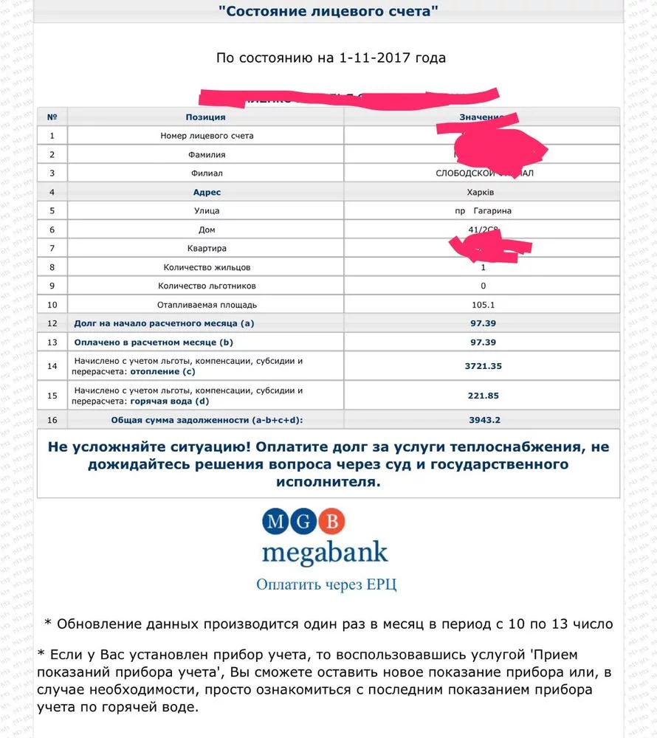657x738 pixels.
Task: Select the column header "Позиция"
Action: coord(205,117)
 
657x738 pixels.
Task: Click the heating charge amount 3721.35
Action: coord(484,366)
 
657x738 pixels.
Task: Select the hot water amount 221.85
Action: coord(484,396)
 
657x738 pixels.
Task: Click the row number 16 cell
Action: coord(52,420)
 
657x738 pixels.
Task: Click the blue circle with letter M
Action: coord(276,522)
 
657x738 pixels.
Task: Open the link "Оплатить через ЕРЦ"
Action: coord(326,584)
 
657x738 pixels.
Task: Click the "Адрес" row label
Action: coord(205,192)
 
